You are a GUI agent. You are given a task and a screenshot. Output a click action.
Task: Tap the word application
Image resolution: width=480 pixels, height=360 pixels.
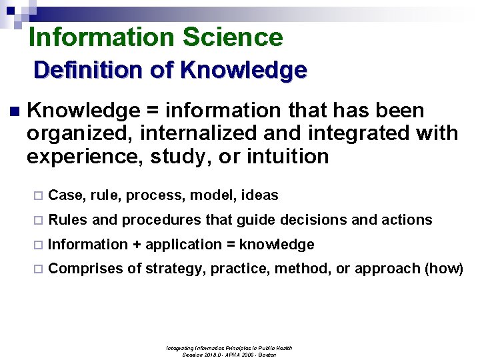click(183, 245)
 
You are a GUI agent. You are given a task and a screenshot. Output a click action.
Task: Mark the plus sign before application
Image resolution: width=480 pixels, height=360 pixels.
click(137, 245)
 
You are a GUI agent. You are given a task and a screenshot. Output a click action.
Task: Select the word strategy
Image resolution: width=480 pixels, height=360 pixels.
click(169, 269)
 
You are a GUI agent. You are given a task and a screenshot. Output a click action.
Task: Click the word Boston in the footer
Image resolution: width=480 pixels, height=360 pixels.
click(266, 355)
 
